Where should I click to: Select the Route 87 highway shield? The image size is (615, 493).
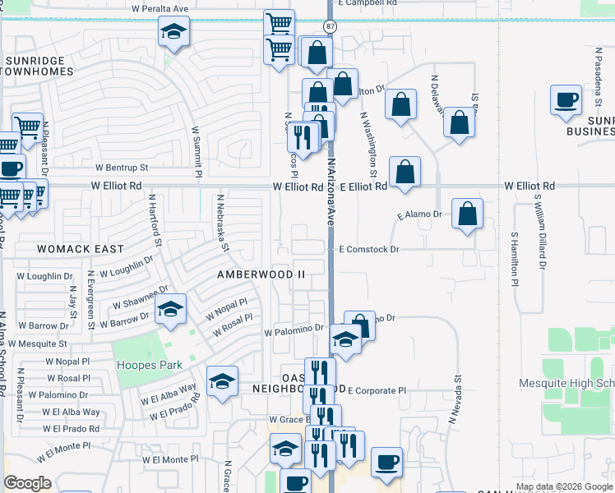[329, 26]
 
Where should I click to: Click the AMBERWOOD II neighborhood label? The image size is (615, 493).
[261, 274]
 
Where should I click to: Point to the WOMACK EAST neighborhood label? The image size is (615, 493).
[81, 248]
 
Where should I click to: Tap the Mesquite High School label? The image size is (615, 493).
[567, 384]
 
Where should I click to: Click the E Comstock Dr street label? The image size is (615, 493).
[368, 249]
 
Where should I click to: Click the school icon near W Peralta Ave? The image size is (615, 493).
[173, 33]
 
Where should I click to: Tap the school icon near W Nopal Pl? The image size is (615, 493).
[170, 310]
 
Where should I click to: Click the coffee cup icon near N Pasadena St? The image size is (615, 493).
[566, 101]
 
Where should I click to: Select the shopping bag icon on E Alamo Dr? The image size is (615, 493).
[466, 214]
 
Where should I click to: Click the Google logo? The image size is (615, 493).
[27, 483]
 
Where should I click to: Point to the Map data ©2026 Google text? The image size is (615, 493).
[565, 486]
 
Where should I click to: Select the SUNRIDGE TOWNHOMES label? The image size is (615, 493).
[39, 67]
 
